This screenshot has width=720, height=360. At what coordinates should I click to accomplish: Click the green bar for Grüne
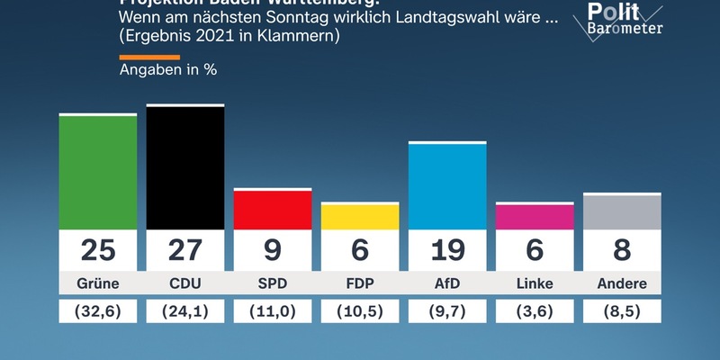[x=98, y=172]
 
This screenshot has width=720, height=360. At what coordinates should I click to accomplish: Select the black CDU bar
[x=185, y=167]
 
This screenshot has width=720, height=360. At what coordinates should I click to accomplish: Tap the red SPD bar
[x=273, y=210]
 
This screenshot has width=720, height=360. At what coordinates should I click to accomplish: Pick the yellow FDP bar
[x=360, y=217]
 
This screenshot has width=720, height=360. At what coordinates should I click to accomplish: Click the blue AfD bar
[x=447, y=186]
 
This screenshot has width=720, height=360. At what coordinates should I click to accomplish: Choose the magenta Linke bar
[x=535, y=217]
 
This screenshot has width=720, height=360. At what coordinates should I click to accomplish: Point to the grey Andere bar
[x=622, y=212]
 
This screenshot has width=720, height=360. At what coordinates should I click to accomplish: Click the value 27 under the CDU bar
[x=185, y=249]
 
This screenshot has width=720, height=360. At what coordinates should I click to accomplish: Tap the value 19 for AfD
[x=447, y=249]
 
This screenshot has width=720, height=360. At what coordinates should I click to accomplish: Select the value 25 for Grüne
[x=98, y=249]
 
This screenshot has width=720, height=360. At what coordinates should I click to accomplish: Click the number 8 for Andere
[x=622, y=249]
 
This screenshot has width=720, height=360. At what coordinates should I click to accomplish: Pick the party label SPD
[x=273, y=283]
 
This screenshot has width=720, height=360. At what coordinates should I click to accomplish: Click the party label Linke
[x=535, y=283]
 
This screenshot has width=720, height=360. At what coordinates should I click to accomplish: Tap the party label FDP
[x=360, y=283]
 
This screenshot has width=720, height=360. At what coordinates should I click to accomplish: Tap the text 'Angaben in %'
[x=168, y=68]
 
